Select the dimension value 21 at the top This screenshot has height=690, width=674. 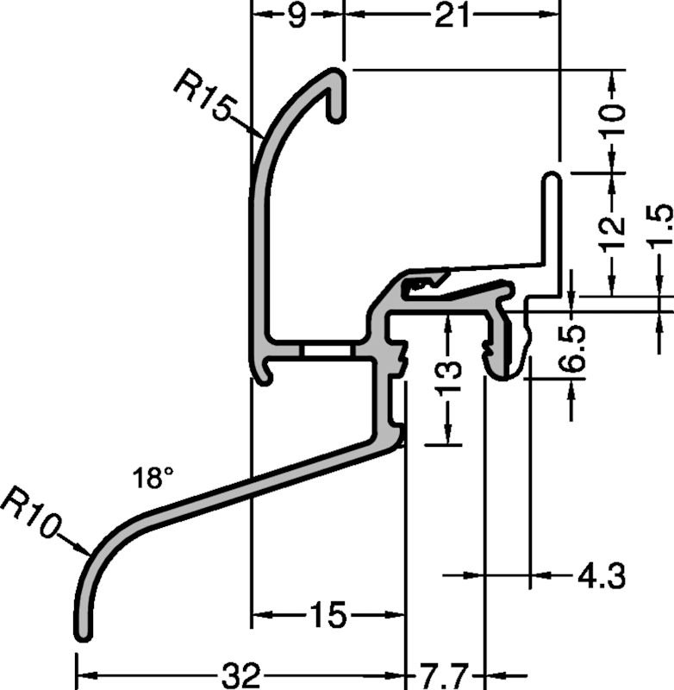point(452,16)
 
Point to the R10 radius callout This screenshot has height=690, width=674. point(31,511)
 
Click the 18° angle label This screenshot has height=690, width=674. point(153,478)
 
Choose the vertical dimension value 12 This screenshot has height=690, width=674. point(613,233)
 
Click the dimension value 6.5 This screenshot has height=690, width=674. point(571,348)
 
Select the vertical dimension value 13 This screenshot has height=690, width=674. point(449,377)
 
